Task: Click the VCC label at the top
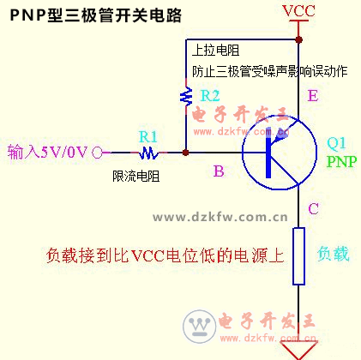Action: tap(298, 11)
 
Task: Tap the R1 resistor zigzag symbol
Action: tap(148, 153)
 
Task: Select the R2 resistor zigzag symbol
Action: tap(186, 96)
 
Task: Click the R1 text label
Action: tap(148, 137)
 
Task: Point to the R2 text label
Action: tap(210, 95)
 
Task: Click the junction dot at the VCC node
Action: tap(298, 39)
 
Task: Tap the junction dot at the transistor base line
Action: tap(186, 153)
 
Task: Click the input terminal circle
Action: tap(97, 153)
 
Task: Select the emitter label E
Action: tap(313, 96)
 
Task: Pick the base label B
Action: tap(219, 171)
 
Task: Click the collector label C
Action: tap(313, 208)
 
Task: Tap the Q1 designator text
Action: tap(336, 143)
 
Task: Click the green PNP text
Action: tap(341, 162)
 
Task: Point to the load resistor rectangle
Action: tap(298, 256)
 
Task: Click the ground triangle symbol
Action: tap(298, 350)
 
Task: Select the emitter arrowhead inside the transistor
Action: tap(280, 136)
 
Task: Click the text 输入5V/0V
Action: tap(47, 152)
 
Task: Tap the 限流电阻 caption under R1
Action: tap(136, 176)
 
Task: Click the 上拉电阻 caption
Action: tap(216, 51)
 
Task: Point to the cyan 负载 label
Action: tap(334, 254)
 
